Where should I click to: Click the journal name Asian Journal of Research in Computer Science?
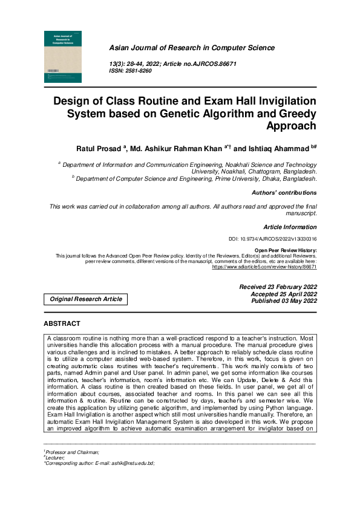(x=191, y=48)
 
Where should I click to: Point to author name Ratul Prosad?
(x=99, y=148)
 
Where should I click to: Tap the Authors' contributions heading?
(x=284, y=193)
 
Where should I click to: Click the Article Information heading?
(x=290, y=227)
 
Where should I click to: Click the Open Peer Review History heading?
(x=286, y=250)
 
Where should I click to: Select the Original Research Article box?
(x=85, y=299)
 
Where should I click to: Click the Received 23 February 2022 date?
(x=278, y=287)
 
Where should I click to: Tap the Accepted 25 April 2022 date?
(x=283, y=294)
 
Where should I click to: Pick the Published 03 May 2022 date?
(x=283, y=301)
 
